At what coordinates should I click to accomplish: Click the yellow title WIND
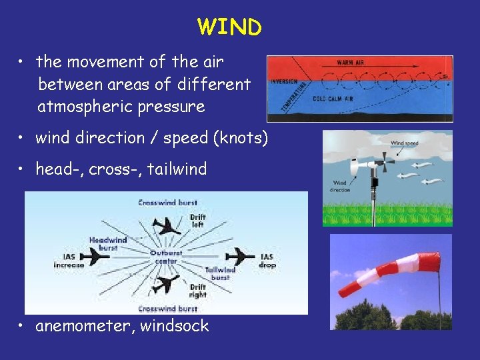230,27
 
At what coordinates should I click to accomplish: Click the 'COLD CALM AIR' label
333,99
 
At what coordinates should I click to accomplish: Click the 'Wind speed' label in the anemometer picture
404,142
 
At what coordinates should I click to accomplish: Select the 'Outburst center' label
164,257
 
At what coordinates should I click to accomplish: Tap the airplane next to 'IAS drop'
239,256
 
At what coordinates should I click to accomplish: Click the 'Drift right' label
197,291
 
